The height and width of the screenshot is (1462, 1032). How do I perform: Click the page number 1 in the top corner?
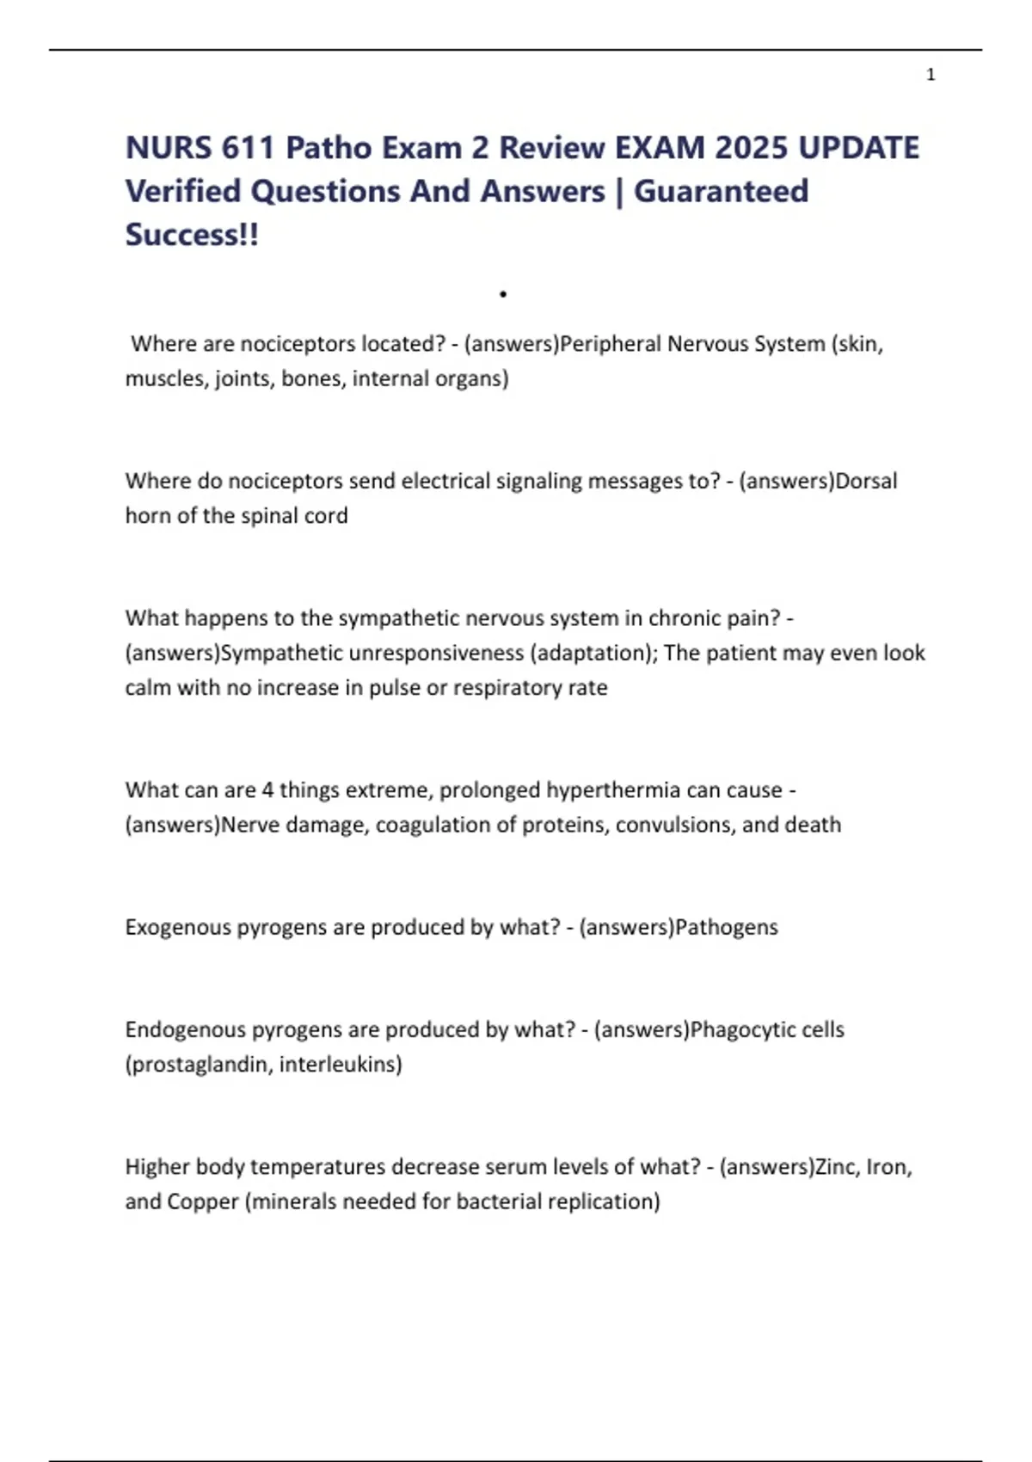(931, 75)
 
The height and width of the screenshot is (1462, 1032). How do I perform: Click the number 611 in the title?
(247, 148)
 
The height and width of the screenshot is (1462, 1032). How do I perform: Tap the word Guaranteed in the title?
(721, 191)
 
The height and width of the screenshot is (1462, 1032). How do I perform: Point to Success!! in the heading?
(192, 234)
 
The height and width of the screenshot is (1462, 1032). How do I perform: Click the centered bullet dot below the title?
(503, 294)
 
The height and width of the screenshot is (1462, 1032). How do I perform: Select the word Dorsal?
(866, 481)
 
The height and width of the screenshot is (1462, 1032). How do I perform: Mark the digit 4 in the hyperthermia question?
(267, 789)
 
